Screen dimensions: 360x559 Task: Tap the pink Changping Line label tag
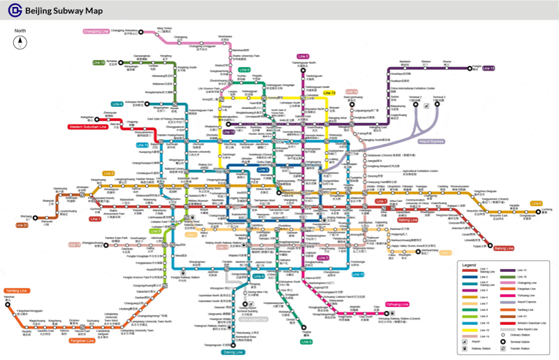click(x=96, y=31)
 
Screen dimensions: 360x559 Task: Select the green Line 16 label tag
click(x=98, y=63)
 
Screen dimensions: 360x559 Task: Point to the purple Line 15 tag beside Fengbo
click(x=488, y=69)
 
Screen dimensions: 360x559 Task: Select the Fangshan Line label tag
click(x=82, y=340)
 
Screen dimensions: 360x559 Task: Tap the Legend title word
click(x=469, y=266)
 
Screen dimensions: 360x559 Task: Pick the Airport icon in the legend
click(x=465, y=337)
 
